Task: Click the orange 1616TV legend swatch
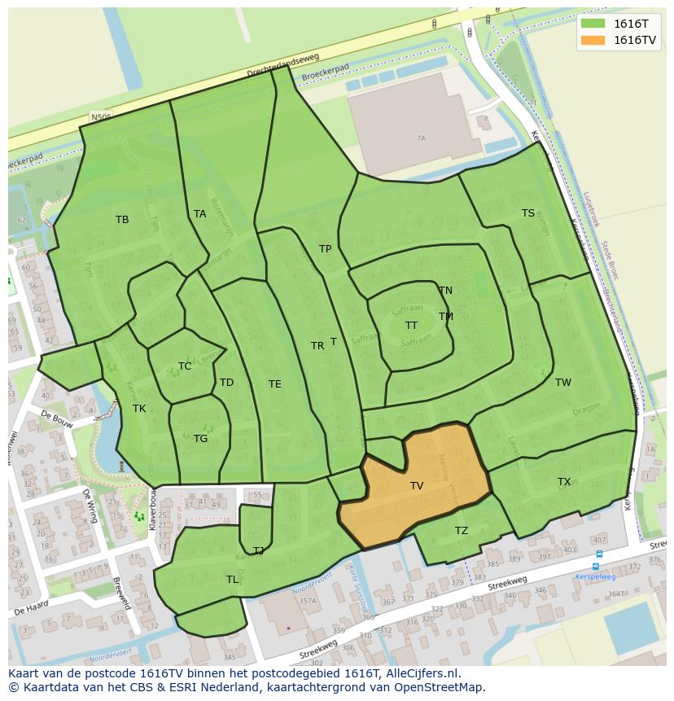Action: click(593, 40)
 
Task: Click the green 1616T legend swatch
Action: click(593, 24)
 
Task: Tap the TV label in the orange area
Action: click(417, 486)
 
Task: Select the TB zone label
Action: click(122, 220)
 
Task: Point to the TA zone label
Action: click(200, 214)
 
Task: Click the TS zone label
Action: click(528, 213)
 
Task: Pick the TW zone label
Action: click(563, 383)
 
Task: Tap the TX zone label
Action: click(564, 482)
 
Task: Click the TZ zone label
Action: click(462, 531)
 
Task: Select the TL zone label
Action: click(233, 580)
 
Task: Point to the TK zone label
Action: click(139, 409)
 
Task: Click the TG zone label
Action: click(201, 439)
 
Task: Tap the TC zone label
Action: click(185, 366)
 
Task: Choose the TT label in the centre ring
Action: click(412, 326)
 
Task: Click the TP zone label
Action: click(326, 249)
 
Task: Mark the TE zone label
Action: click(275, 384)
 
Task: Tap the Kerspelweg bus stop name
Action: click(595, 576)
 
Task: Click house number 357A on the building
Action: click(307, 602)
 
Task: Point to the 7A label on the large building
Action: click(421, 138)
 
